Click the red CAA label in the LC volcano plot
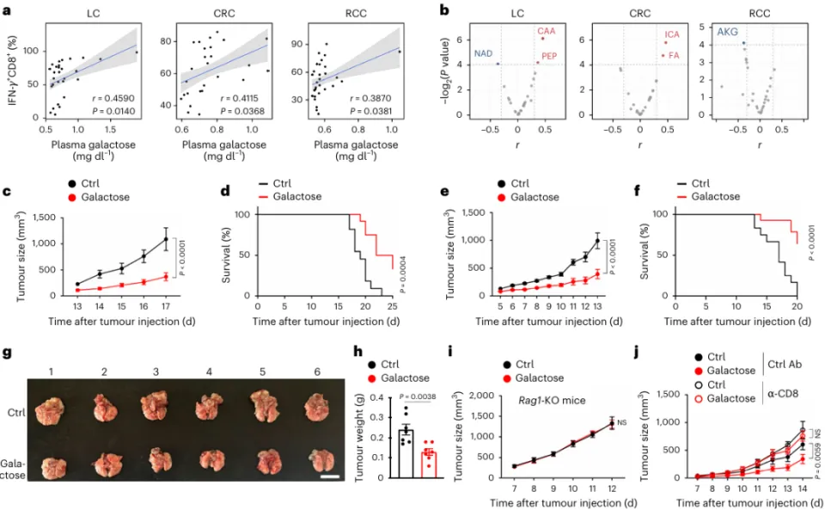(547, 31)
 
